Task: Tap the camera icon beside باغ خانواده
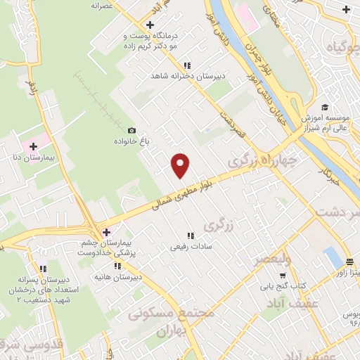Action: pos(131,130)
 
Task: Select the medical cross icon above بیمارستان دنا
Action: pos(32,145)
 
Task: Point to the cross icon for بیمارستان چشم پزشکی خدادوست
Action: pos(105,233)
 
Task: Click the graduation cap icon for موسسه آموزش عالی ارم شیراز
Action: pos(325,107)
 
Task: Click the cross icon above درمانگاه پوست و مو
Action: pos(150,25)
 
